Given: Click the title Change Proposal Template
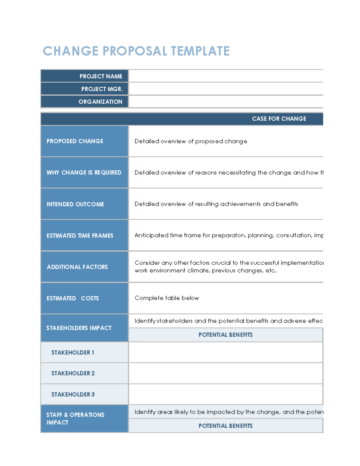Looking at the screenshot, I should (136, 51).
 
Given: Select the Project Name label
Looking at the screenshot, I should (101, 76).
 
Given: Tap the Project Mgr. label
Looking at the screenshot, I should (102, 89).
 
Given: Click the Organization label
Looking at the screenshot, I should (100, 102).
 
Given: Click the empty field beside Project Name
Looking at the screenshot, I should (226, 76).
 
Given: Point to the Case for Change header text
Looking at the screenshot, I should (279, 119).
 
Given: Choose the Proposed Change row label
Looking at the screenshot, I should (75, 141).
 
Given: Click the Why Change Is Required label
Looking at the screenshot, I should (84, 173).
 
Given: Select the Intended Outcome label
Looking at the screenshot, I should (75, 204).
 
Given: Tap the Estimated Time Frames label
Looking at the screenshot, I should (80, 236).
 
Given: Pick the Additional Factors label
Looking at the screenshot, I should (77, 267).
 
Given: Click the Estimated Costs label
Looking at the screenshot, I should (73, 298).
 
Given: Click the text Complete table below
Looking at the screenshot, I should (167, 298).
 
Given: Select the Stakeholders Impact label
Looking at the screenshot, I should (79, 328).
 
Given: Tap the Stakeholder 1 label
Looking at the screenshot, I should (73, 353).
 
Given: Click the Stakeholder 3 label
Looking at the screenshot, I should (73, 394).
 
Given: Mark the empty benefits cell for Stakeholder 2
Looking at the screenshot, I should (226, 373).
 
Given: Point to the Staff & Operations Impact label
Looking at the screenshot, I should (75, 418).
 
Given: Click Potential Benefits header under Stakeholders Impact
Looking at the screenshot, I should (226, 335).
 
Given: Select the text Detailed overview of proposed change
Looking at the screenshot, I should (191, 141).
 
